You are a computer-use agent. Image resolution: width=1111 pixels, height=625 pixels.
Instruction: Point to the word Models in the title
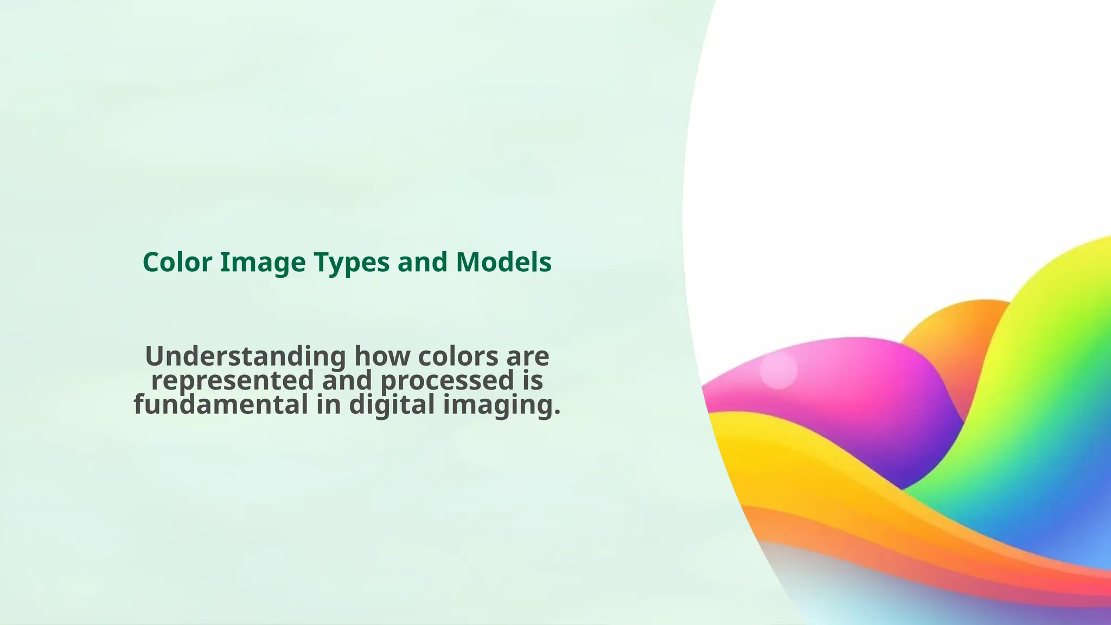(503, 263)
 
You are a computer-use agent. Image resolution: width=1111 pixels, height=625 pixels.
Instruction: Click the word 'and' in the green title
(423, 263)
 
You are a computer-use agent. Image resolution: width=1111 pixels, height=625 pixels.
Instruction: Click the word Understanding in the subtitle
(245, 357)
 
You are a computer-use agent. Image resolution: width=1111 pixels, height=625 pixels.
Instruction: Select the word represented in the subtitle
(232, 381)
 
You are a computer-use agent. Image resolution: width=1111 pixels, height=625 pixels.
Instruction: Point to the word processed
(446, 381)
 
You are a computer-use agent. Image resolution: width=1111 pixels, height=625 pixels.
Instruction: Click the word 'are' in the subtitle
(527, 357)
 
